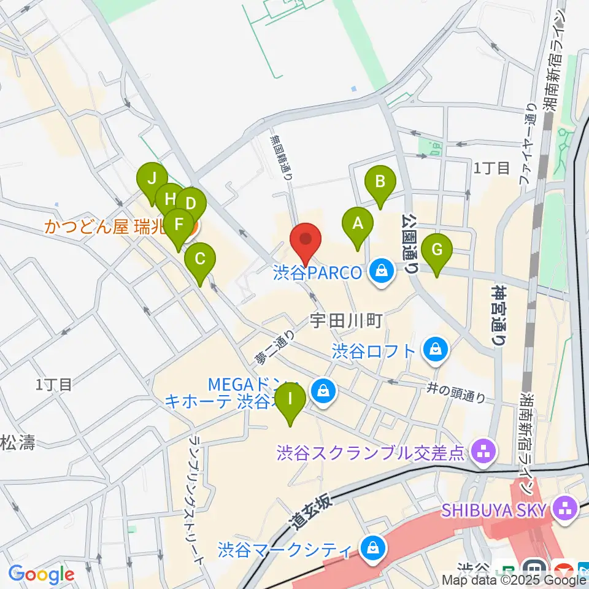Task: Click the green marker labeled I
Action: [290, 403]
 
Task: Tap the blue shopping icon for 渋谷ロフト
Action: [435, 350]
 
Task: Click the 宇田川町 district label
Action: [347, 320]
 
